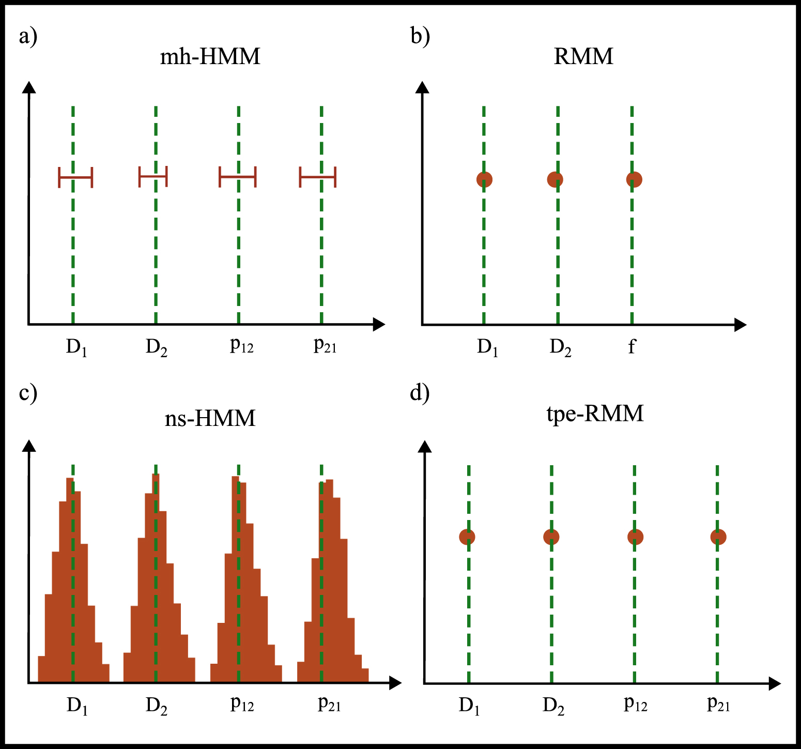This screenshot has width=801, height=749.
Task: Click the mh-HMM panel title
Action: pyautogui.click(x=210, y=56)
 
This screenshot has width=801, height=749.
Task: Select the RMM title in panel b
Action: pyautogui.click(x=583, y=56)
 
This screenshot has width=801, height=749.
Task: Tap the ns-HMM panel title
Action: pyautogui.click(x=210, y=418)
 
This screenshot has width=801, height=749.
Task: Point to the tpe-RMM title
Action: pyautogui.click(x=595, y=414)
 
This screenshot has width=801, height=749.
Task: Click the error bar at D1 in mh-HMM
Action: pyautogui.click(x=75, y=177)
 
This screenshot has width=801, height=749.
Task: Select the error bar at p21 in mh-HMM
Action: pyautogui.click(x=318, y=177)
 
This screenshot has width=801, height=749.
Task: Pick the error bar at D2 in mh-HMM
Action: pyautogui.click(x=153, y=177)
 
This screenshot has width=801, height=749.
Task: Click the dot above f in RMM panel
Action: pyautogui.click(x=634, y=179)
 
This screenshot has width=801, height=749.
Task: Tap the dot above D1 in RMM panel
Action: pyautogui.click(x=484, y=179)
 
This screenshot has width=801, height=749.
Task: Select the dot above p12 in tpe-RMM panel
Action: pyautogui.click(x=635, y=537)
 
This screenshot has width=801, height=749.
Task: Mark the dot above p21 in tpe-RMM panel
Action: pyautogui.click(x=718, y=537)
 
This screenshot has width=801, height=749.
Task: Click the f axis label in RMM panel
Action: pyautogui.click(x=631, y=346)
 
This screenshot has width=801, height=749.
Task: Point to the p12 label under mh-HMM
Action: pyautogui.click(x=241, y=345)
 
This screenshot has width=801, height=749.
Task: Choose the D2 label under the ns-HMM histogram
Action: pyautogui.click(x=156, y=706)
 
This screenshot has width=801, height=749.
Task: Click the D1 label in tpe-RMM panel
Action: pyautogui.click(x=469, y=706)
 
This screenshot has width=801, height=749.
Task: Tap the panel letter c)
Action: pyautogui.click(x=28, y=393)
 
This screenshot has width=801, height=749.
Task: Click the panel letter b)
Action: pyautogui.click(x=420, y=37)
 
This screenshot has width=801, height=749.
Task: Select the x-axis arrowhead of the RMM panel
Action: pyautogui.click(x=741, y=325)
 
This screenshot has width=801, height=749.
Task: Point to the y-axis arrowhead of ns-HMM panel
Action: pyautogui.click(x=30, y=445)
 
